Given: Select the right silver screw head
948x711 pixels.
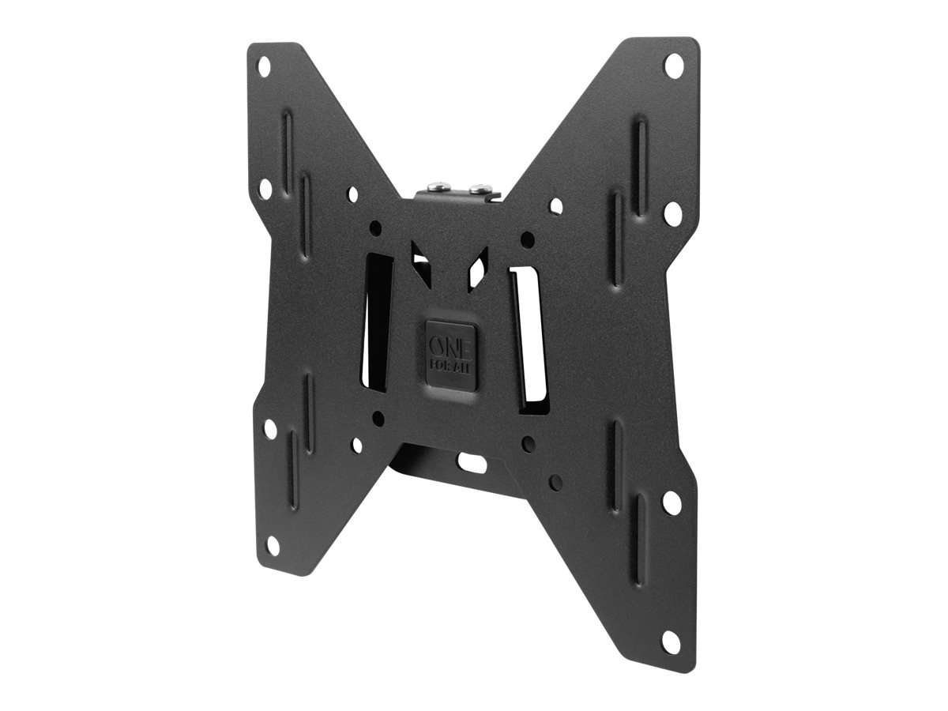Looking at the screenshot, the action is pyautogui.click(x=479, y=188).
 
